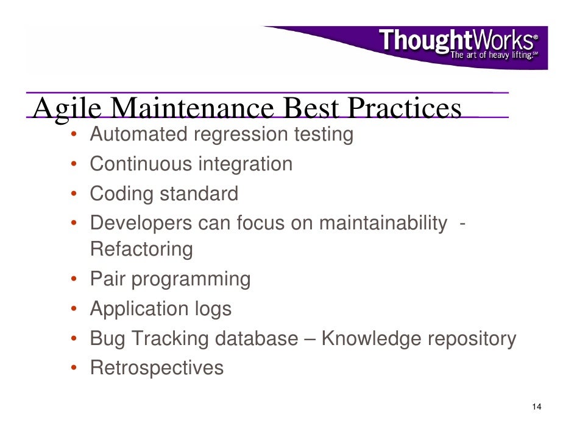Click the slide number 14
pos(536,407)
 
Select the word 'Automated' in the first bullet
pos(138,134)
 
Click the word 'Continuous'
pos(141,164)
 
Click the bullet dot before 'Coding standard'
pos(72,195)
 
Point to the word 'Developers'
pos(141,223)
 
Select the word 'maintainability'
pos(383,223)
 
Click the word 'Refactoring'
pos(141,249)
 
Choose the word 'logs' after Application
pos(213,309)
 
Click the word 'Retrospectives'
pos(157,368)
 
